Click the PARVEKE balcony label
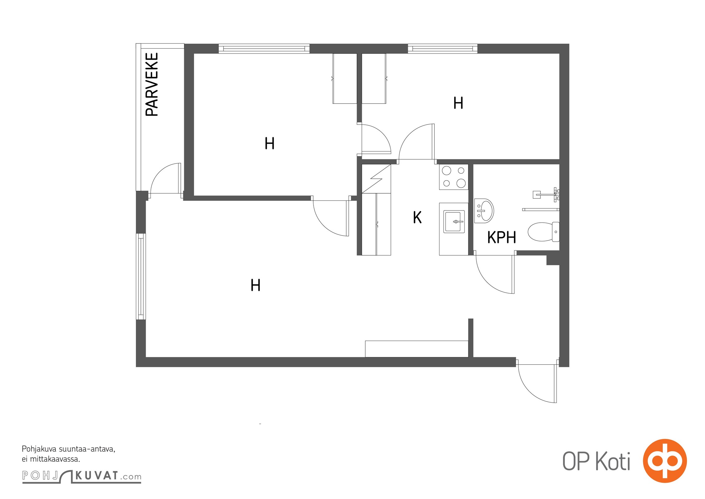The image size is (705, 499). (152, 84)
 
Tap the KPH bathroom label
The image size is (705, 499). (501, 237)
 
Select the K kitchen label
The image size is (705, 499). (417, 217)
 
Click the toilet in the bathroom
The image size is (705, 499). (544, 232)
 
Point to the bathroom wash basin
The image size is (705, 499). (484, 211)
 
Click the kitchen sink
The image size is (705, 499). (454, 221)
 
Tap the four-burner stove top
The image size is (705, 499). (453, 177)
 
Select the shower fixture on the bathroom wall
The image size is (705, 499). (546, 195)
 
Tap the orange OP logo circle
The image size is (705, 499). (665, 461)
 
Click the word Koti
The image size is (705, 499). (613, 461)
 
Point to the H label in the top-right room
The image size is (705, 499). (458, 103)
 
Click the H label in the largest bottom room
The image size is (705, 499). (256, 285)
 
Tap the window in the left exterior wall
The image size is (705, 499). (141, 276)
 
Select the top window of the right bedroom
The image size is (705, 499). (443, 48)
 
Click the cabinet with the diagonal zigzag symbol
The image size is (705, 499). (376, 179)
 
